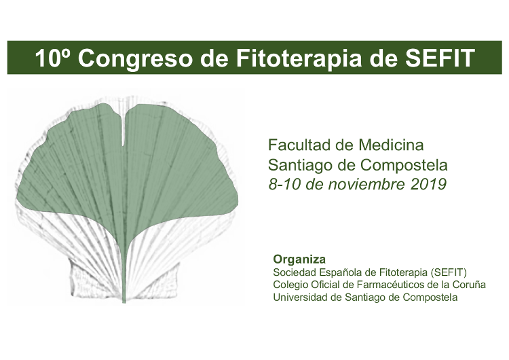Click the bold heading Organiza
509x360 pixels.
[299, 260]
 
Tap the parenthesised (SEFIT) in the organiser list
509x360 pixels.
[449, 272]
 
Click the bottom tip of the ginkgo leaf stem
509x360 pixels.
[124, 302]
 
